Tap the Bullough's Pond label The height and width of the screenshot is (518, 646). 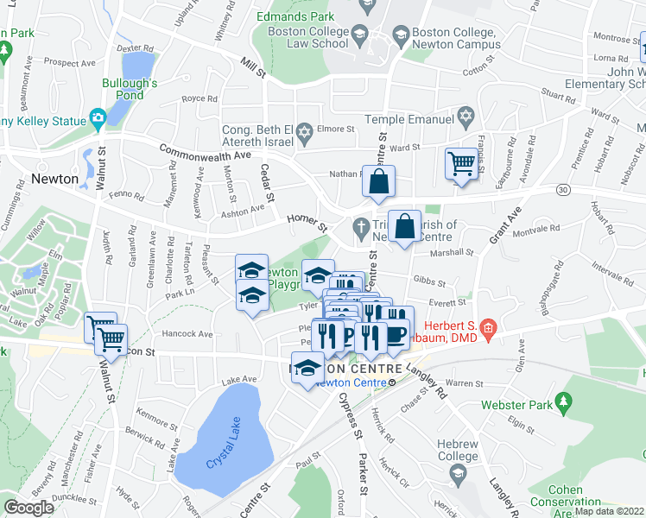130,89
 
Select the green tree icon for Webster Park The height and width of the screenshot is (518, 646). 565,401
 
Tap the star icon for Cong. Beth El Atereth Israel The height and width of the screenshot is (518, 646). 303,132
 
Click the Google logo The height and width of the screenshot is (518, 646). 28,508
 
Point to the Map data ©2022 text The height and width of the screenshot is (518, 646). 608,511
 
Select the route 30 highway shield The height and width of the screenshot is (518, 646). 563,188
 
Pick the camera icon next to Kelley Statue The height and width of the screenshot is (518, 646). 98,117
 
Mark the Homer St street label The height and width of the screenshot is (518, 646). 308,224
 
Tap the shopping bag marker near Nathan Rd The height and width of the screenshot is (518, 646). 378,183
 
